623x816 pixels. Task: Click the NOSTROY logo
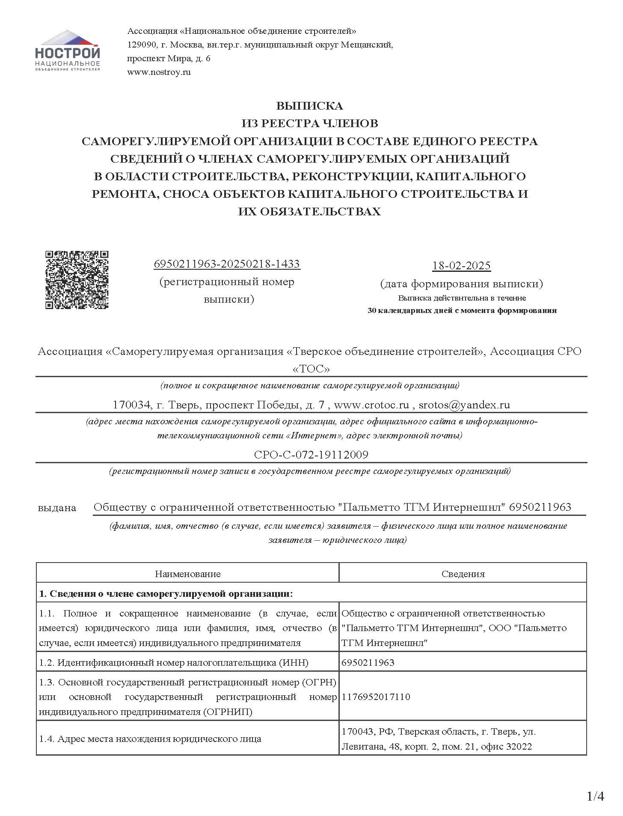[68, 51]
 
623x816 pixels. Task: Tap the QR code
[77, 280]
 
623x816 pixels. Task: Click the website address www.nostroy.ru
[159, 72]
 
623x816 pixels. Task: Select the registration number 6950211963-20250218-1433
[227, 264]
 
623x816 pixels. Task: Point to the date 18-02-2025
[461, 266]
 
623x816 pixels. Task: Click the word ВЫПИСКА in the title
[309, 106]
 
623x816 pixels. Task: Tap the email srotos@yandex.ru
[464, 405]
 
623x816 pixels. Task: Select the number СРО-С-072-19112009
[311, 455]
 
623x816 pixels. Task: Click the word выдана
[57, 508]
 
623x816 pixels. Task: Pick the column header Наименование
[187, 574]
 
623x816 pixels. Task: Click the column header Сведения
[463, 574]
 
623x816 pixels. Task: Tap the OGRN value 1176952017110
[376, 697]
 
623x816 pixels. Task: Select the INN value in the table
[368, 663]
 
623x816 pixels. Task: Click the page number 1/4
[595, 796]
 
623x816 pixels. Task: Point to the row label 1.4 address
[150, 739]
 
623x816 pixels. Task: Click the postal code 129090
[140, 45]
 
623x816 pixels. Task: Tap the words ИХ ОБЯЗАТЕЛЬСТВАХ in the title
[309, 211]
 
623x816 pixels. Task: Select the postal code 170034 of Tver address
[130, 405]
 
